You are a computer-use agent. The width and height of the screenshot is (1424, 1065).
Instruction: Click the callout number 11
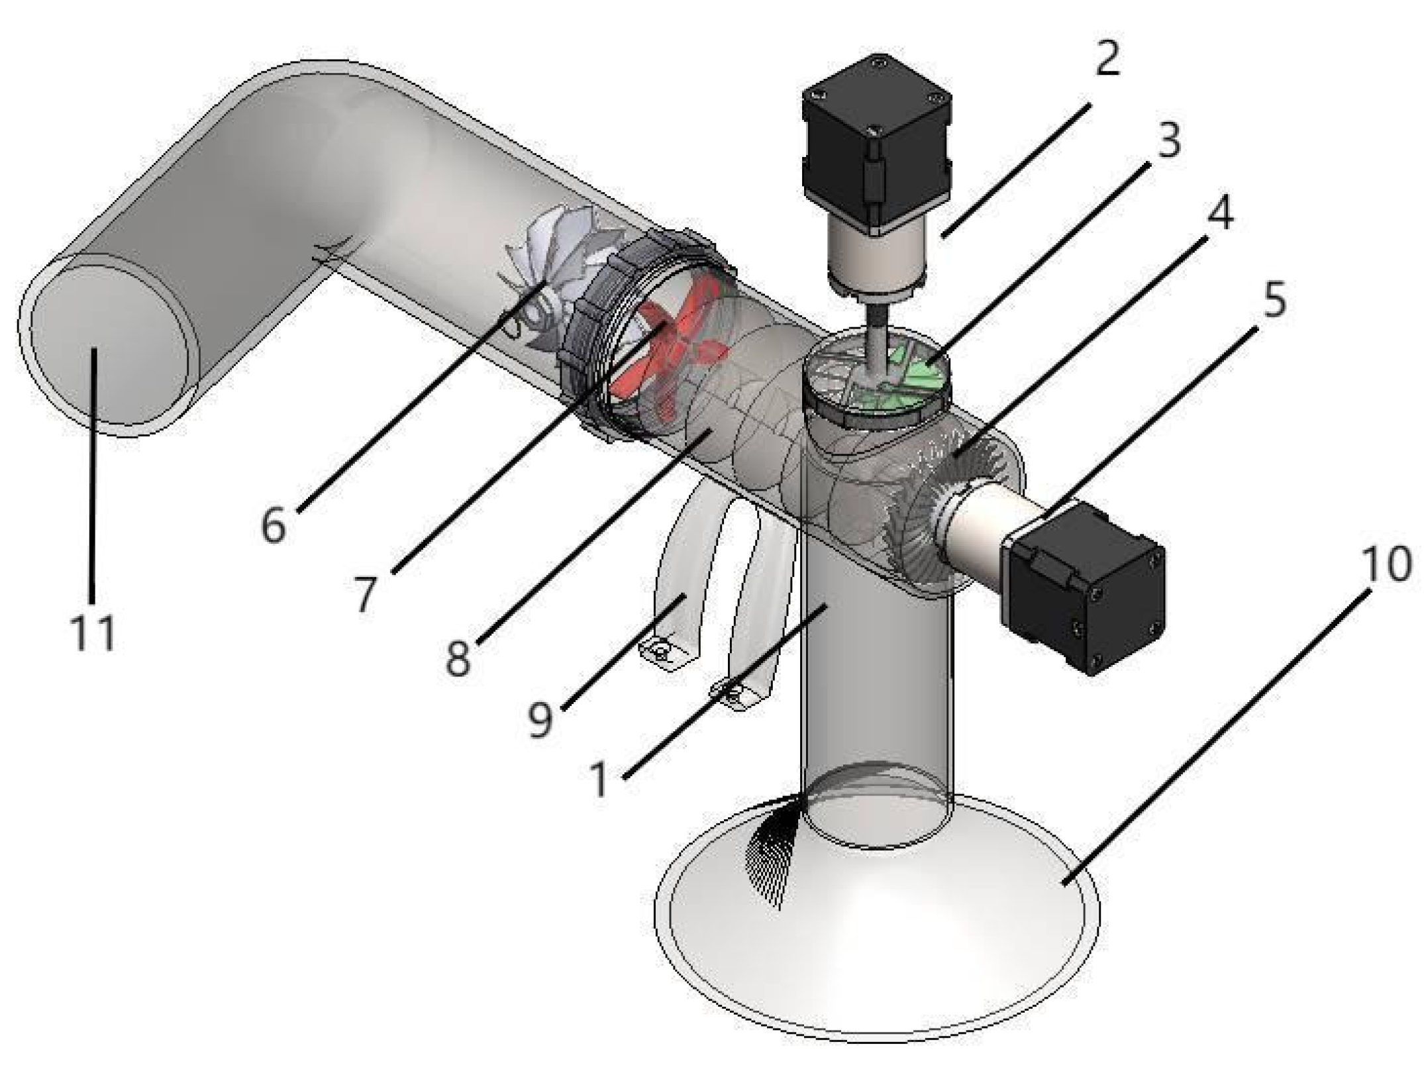click(x=93, y=632)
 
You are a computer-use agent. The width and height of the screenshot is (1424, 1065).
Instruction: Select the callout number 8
click(x=458, y=658)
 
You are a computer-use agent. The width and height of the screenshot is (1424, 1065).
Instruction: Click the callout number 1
click(x=599, y=779)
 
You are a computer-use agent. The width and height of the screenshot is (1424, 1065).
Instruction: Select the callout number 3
click(x=1168, y=140)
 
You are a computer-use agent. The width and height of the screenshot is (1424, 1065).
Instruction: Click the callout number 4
click(x=1221, y=213)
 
